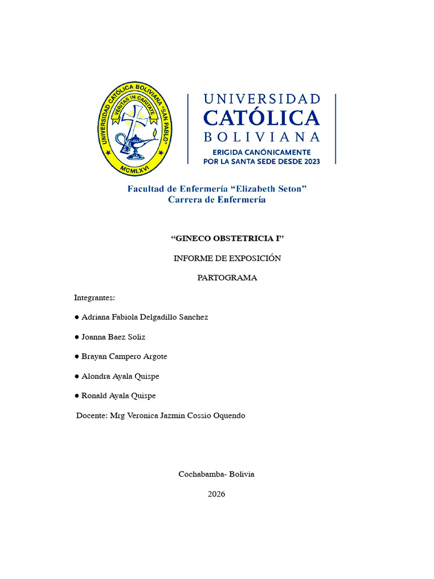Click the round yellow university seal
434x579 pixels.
pos(134,128)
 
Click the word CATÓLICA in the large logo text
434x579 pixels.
pos(261,118)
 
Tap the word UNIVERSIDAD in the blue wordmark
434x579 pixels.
pos(261,99)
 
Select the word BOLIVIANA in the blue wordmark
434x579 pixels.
pos(261,137)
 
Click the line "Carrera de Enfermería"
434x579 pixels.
pos(217,200)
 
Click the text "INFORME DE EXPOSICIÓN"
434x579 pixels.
pos(227,258)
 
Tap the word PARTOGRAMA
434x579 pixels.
pos(227,278)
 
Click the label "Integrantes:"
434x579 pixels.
pos(94,297)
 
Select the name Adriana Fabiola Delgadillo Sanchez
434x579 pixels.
pos(145,317)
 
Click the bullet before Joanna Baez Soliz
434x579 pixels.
pos(76,337)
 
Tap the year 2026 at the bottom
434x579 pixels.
pos(216,494)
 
